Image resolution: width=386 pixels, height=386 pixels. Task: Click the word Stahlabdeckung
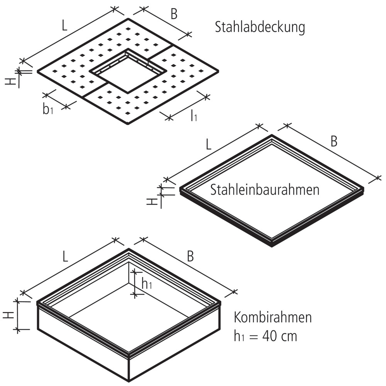tap(260, 28)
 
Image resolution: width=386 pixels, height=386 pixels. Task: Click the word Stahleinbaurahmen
tap(265, 190)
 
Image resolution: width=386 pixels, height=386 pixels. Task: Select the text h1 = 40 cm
tap(266, 336)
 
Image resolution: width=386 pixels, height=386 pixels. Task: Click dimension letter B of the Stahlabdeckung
tap(174, 15)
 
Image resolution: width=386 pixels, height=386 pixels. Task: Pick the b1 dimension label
tap(47, 110)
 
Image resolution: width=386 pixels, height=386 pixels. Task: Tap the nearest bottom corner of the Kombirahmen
tap(129, 380)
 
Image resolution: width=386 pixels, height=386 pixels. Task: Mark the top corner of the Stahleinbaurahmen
tap(272, 136)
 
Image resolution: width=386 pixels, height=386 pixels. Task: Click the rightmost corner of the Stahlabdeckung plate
tap(218, 71)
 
